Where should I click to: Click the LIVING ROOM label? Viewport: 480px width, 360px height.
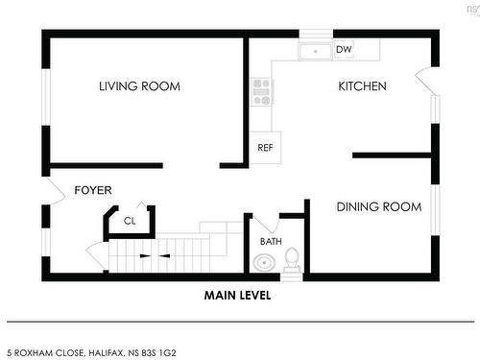coord(139,86)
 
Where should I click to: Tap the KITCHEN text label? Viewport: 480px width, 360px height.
coord(362,86)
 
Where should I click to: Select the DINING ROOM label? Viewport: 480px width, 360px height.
coord(379,206)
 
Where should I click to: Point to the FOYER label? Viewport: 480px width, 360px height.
coord(93,190)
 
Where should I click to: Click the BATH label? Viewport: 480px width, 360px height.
coord(271,241)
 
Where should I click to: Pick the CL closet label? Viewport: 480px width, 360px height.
coord(130,221)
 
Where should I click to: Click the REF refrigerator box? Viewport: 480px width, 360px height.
coord(265,148)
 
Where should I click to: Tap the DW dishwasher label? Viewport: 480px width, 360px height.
coord(344,49)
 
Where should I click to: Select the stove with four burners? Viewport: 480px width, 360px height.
coord(262,92)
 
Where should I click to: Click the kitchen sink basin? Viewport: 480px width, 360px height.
coord(315,52)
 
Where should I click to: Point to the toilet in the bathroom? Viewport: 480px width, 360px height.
coord(292,260)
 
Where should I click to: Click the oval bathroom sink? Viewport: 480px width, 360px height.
coord(264,263)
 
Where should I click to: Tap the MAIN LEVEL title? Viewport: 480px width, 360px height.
coord(238,295)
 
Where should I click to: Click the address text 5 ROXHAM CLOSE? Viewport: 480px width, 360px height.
coord(46,353)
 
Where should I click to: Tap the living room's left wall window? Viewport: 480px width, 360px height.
coord(46,97)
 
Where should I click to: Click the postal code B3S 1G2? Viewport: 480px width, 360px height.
coord(158,353)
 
